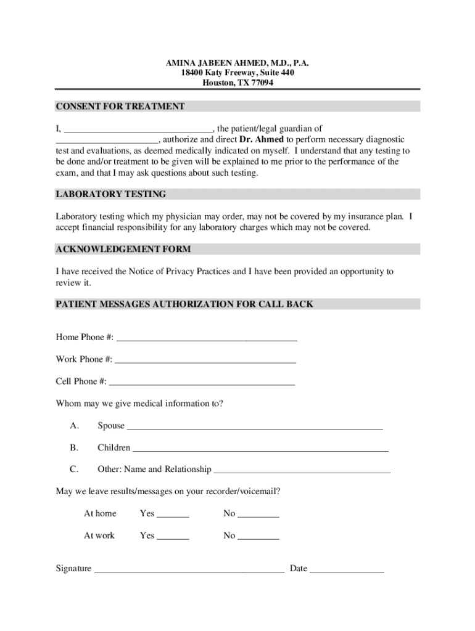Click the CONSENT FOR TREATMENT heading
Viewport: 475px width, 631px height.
click(x=120, y=107)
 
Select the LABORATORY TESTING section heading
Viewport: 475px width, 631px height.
click(x=111, y=194)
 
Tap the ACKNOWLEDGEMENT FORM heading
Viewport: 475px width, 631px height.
click(x=123, y=249)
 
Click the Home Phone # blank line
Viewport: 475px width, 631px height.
click(x=207, y=338)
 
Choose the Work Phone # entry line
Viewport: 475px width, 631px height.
click(x=205, y=360)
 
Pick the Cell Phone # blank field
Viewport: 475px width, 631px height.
click(x=202, y=383)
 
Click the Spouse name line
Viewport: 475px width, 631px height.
click(x=254, y=427)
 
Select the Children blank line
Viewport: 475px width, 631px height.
click(x=260, y=449)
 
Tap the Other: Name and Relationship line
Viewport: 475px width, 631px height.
click(x=302, y=471)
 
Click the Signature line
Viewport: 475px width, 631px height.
click(x=189, y=570)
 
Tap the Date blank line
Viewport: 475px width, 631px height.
click(x=347, y=570)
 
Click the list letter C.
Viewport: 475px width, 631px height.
click(x=74, y=470)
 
